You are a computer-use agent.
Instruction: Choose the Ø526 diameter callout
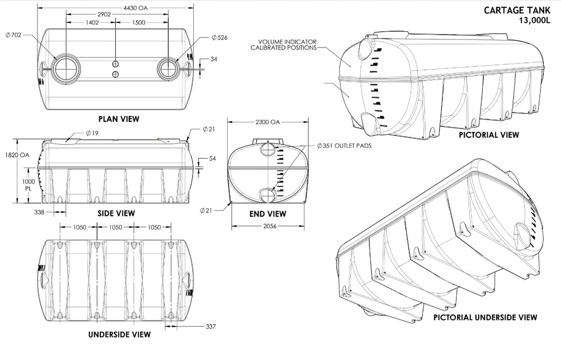coord(220,38)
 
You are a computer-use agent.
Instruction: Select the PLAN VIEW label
coord(118,119)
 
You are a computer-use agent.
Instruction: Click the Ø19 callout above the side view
coord(91,133)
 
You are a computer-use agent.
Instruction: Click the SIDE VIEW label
coord(116,213)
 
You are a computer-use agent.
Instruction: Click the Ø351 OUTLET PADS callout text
coord(344,146)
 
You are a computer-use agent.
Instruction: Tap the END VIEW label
coord(268,214)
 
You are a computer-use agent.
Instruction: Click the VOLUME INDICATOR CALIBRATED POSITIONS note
coord(287,44)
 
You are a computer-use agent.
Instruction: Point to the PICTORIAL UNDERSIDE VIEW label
coord(485,318)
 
